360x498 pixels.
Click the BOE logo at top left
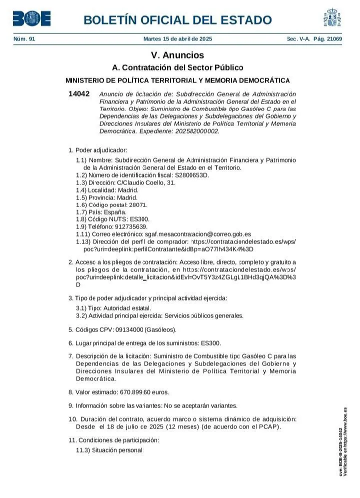click(31, 19)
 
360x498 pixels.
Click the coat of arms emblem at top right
click(332, 18)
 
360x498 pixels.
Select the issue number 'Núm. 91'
click(24, 39)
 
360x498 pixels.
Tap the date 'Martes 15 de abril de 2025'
click(177, 39)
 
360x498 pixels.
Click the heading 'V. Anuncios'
click(177, 55)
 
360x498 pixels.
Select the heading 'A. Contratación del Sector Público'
click(177, 67)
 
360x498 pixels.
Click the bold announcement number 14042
click(79, 94)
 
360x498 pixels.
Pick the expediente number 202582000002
click(194, 131)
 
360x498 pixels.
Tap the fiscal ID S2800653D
click(191, 175)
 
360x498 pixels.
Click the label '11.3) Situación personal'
click(109, 450)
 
